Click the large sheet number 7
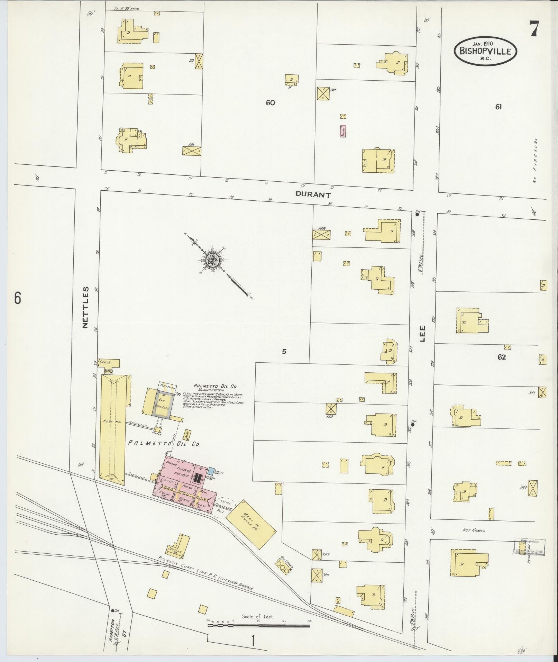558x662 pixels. (x=534, y=29)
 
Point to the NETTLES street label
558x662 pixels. (x=85, y=307)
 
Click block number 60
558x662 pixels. (x=270, y=102)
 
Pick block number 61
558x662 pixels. (x=498, y=107)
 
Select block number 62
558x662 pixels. (x=502, y=357)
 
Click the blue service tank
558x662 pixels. (x=211, y=471)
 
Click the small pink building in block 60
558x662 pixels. (x=343, y=132)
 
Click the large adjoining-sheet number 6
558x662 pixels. (x=18, y=298)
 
